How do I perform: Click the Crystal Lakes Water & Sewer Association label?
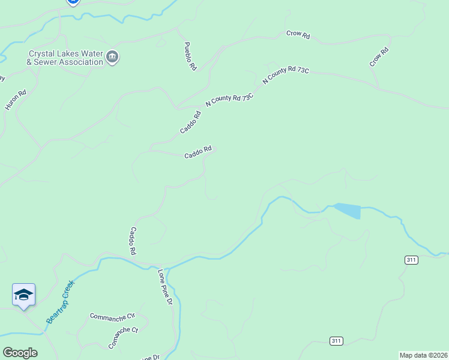click(x=65, y=58)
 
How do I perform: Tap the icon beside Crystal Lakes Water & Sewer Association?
click(x=112, y=58)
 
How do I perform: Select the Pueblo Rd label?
click(x=190, y=56)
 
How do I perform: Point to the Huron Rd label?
click(x=16, y=100)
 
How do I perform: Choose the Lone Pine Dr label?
click(x=165, y=287)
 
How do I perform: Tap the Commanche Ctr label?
click(x=113, y=316)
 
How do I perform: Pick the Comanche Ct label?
click(x=123, y=338)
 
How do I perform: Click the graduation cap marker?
click(x=23, y=294)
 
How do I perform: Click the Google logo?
click(x=20, y=352)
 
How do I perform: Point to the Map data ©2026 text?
click(x=424, y=355)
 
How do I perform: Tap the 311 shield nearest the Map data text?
click(x=336, y=341)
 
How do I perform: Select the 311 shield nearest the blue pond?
click(x=411, y=260)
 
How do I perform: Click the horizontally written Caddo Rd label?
click(x=198, y=154)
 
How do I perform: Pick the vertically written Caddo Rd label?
click(x=134, y=241)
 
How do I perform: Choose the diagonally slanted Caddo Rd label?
click(x=190, y=122)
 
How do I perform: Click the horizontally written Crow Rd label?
click(x=298, y=35)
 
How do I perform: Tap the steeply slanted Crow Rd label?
click(x=379, y=58)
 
